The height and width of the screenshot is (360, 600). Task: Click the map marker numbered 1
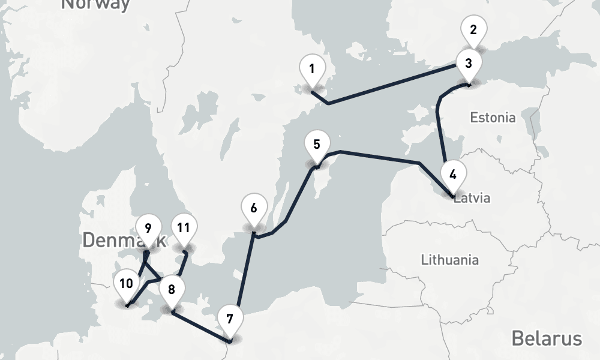click(x=312, y=70)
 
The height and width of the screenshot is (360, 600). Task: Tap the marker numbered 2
click(x=473, y=29)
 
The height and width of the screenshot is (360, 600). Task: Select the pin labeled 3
click(x=469, y=63)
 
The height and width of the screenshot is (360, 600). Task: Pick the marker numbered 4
click(x=453, y=175)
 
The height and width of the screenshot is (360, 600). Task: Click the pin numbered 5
click(x=317, y=145)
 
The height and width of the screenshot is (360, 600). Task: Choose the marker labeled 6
click(x=254, y=209)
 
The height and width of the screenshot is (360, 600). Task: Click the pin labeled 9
click(x=148, y=228)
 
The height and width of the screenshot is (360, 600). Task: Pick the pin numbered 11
click(x=184, y=229)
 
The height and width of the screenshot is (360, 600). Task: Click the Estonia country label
click(x=493, y=118)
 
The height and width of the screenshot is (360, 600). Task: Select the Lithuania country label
click(x=450, y=260)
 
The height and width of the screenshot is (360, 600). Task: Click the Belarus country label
click(x=546, y=338)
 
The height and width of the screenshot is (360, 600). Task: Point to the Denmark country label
click(x=114, y=240)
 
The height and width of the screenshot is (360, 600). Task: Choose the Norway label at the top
click(x=96, y=5)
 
